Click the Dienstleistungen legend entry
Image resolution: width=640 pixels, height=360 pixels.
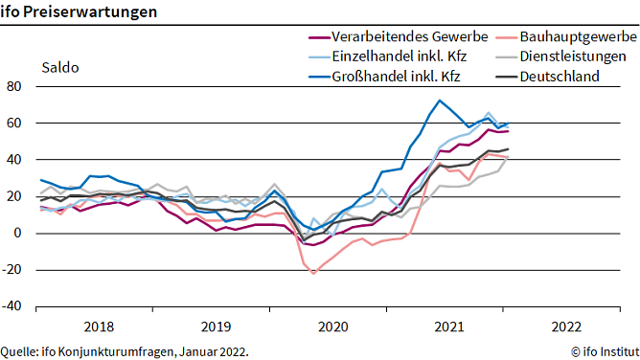[x=573, y=56]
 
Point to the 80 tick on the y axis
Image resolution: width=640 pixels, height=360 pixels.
[x=13, y=86]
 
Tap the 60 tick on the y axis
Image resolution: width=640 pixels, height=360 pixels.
[x=13, y=123]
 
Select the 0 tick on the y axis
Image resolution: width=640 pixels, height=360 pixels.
[x=17, y=233]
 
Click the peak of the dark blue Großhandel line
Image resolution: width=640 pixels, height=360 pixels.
[x=439, y=101]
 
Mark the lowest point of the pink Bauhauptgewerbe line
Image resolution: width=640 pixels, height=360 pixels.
[x=312, y=274]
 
